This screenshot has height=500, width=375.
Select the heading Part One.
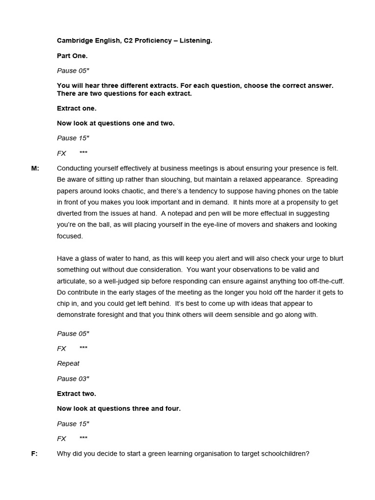(72, 56)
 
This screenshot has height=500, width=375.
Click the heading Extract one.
(77, 108)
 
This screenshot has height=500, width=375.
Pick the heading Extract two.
(77, 394)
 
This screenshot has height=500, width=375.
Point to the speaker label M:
(35, 168)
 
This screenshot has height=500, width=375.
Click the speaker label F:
(34, 454)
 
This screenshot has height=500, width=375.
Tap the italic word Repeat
(68, 364)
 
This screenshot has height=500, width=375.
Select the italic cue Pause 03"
(73, 379)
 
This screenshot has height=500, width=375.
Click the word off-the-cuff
(326, 281)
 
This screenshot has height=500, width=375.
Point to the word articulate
(71, 281)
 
